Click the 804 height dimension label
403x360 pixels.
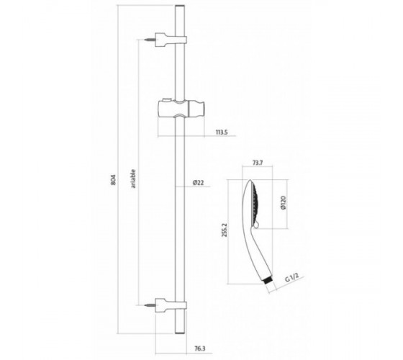click(114, 180)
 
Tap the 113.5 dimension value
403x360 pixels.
click(222, 132)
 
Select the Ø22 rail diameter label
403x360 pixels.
click(198, 183)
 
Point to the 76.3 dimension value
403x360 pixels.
click(200, 348)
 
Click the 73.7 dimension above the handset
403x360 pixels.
click(258, 163)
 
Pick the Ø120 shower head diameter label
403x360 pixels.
click(283, 202)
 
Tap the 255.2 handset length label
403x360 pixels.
click(224, 230)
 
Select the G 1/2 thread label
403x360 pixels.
click(292, 278)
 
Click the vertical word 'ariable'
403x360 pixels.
click(133, 179)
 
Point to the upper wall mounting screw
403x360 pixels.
click(150, 40)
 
